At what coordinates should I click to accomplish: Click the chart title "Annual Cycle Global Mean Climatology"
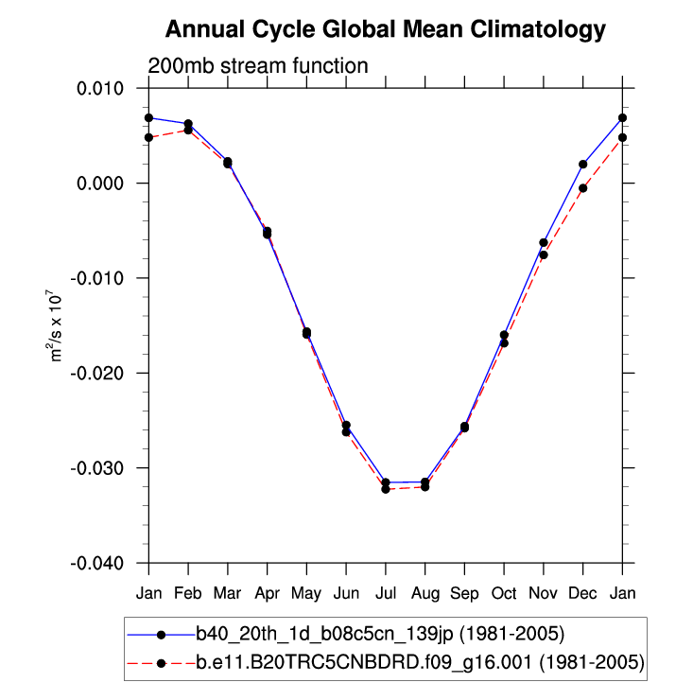coord(385,30)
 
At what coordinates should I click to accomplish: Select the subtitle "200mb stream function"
coord(258,66)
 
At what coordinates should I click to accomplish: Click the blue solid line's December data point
coord(583,165)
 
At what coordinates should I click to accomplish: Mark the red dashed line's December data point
coord(583,188)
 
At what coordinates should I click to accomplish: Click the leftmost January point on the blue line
coord(148,117)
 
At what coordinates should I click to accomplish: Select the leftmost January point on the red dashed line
coord(148,137)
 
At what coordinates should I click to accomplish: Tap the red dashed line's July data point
coord(386,489)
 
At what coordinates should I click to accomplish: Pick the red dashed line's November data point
coord(544,254)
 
